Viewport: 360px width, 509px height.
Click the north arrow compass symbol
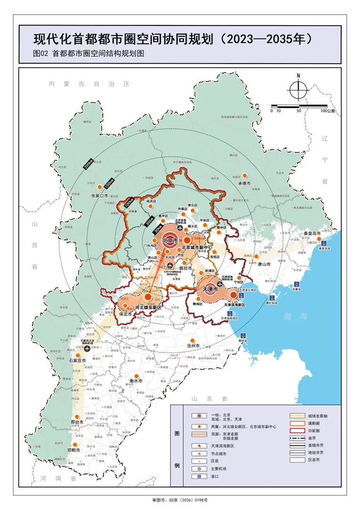pyautogui.click(x=298, y=89)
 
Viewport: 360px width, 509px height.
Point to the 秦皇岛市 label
pyautogui.click(x=312, y=233)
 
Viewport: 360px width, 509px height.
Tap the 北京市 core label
pyautogui.click(x=170, y=241)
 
